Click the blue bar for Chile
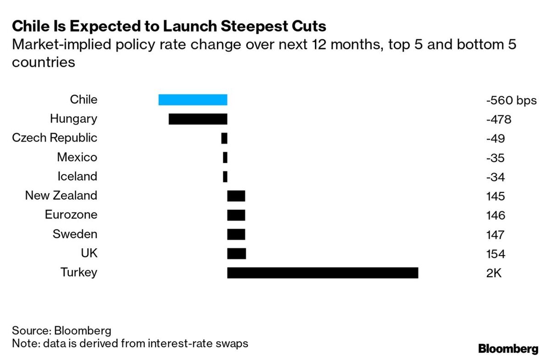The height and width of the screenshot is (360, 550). (x=192, y=100)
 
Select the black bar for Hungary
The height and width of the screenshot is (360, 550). (x=198, y=119)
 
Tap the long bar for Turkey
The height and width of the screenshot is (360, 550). (x=322, y=273)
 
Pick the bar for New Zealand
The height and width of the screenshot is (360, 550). (x=236, y=196)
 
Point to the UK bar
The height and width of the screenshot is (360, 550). (x=236, y=254)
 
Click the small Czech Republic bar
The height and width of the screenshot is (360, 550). (x=224, y=138)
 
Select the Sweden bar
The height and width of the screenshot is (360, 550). (x=236, y=235)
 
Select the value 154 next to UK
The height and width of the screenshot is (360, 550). (x=495, y=254)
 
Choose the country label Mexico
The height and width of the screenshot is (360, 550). (x=77, y=158)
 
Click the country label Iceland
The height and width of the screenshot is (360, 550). (x=77, y=177)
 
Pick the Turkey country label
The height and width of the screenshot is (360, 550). (x=79, y=273)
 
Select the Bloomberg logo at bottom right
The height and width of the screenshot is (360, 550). (x=508, y=349)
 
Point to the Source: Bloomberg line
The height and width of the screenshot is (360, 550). (x=62, y=331)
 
